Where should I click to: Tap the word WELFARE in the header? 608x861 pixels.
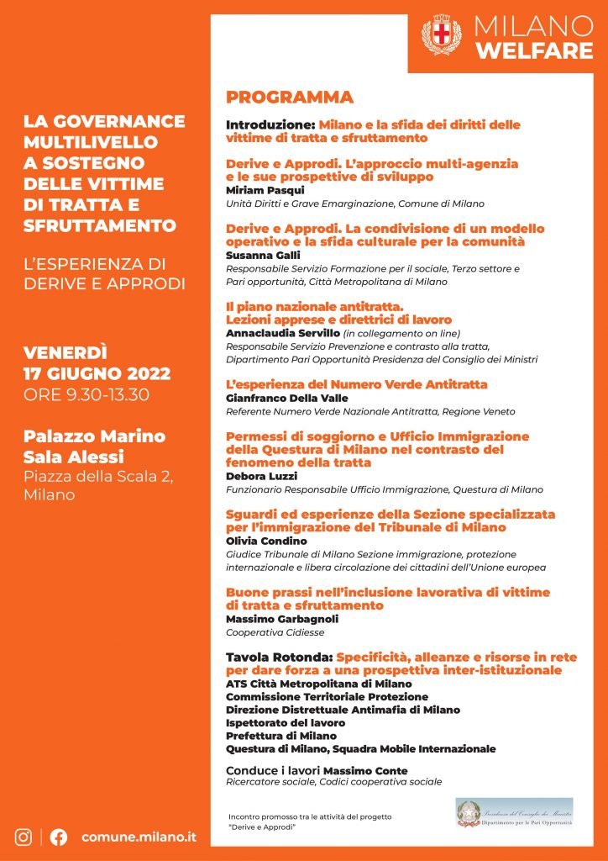[534, 51]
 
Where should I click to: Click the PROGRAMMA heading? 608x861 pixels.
[289, 97]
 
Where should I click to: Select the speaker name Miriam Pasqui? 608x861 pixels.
[259, 190]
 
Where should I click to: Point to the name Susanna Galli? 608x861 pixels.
[257, 255]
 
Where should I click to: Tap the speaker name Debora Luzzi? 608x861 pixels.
[255, 475]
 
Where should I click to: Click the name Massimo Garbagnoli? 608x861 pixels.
[278, 619]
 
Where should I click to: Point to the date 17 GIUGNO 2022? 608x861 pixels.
[97, 373]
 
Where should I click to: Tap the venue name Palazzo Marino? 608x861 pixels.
[93, 436]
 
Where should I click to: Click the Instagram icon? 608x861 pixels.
[24, 837]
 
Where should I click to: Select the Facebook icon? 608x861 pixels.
[59, 837]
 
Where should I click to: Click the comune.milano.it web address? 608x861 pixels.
[139, 837]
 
